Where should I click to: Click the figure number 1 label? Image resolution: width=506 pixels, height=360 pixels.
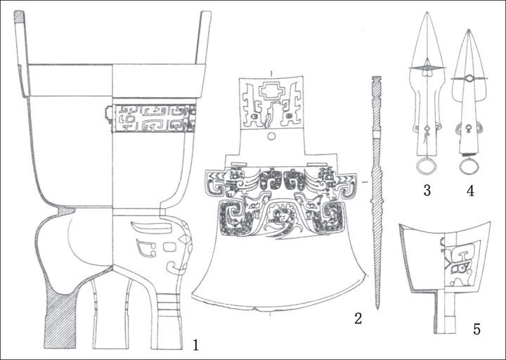195,345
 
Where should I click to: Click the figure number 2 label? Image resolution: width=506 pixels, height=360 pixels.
358,319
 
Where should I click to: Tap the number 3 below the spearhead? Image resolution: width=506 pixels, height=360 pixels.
427,191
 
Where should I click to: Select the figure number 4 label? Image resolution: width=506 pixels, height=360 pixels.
470,191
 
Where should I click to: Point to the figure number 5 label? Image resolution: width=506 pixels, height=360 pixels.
476,329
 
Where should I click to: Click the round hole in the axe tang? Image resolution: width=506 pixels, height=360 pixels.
271,136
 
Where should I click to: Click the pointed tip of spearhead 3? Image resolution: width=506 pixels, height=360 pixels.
427,12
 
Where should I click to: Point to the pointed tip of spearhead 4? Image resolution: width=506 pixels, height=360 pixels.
469,30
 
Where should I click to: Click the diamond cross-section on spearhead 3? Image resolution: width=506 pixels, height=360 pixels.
427,67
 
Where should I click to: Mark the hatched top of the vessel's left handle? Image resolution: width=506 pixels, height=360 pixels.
20,16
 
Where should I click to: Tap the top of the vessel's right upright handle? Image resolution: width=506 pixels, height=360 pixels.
206,13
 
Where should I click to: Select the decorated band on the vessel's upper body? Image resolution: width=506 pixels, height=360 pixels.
152,118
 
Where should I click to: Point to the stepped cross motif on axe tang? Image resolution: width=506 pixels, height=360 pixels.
271,91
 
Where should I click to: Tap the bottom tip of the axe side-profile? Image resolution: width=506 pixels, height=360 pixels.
377,308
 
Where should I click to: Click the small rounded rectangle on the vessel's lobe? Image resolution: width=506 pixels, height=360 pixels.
170,247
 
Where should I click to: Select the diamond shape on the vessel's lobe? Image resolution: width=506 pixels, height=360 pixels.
185,239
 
